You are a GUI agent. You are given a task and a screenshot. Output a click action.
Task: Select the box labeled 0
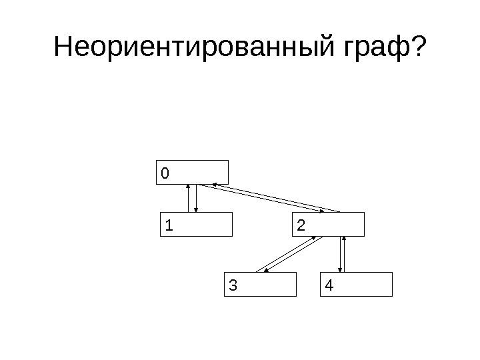(x=193, y=172)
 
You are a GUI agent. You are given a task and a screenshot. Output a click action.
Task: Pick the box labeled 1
(x=197, y=225)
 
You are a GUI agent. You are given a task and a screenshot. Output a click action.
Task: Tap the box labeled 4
(x=357, y=284)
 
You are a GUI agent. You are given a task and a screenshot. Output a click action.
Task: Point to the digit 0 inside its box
(x=165, y=173)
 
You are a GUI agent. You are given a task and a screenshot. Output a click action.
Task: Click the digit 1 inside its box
(x=169, y=226)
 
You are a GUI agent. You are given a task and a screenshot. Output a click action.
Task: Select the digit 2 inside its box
(x=301, y=226)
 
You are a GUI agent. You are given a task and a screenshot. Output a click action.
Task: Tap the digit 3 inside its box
(x=232, y=285)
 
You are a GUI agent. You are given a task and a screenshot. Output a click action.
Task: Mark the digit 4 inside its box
(x=329, y=285)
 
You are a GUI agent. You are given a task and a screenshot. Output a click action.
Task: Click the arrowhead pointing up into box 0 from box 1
(x=189, y=187)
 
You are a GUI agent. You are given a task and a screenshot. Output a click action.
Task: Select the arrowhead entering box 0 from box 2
(x=212, y=185)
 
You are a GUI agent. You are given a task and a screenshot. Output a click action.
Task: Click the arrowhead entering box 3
(x=266, y=270)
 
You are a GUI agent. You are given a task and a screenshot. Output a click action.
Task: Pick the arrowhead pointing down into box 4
(x=341, y=269)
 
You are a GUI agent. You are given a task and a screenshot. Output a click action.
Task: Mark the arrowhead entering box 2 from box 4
(x=344, y=239)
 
